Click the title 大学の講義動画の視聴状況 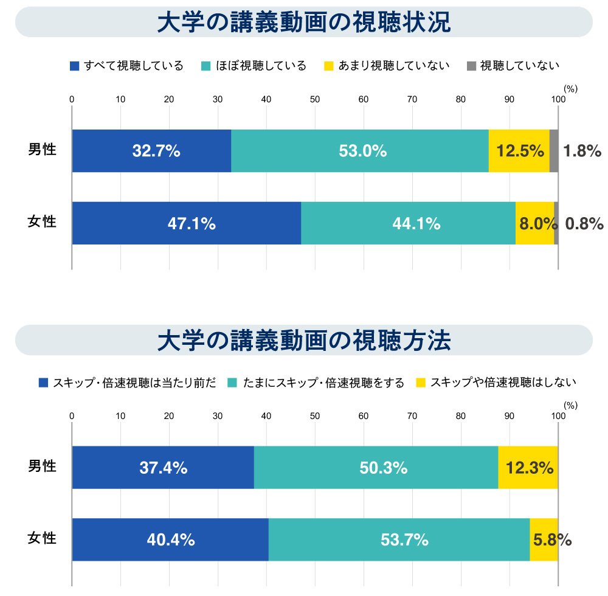(303, 23)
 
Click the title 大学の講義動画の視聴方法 (303, 341)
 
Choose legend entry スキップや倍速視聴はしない (496, 383)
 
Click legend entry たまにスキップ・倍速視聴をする (316, 383)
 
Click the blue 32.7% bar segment (151, 151)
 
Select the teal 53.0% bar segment (360, 151)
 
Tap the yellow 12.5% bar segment (519, 151)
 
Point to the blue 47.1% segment (187, 224)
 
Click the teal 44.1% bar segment (408, 224)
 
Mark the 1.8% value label (582, 151)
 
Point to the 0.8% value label (584, 224)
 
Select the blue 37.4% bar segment (163, 468)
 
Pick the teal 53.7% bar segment (399, 539)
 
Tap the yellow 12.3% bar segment (528, 468)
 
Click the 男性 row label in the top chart (42, 149)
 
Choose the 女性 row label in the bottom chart (42, 538)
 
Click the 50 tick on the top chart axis (315, 100)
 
